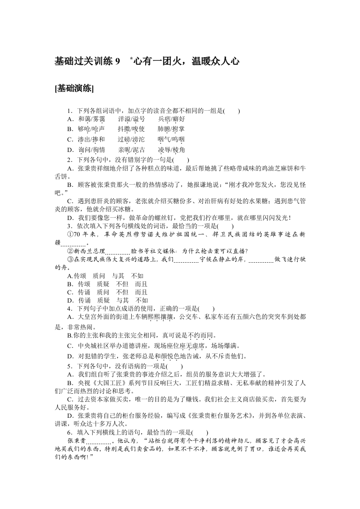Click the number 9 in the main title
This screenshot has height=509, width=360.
118,61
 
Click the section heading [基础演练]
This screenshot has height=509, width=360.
74,88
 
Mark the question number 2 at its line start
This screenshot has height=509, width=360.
69,160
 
